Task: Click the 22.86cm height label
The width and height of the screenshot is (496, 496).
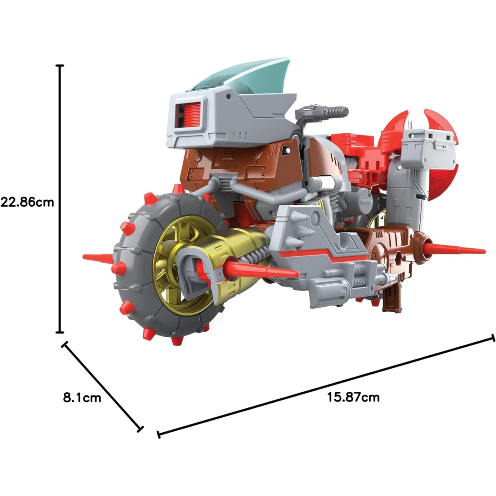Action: point(27,202)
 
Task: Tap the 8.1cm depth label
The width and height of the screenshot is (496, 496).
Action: point(82,397)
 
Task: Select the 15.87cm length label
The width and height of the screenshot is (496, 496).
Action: point(353,397)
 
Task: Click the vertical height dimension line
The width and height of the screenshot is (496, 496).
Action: point(60,199)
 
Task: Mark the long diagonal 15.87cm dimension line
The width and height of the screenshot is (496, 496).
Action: point(326,386)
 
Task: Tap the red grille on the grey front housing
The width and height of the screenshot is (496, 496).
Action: point(189,116)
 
